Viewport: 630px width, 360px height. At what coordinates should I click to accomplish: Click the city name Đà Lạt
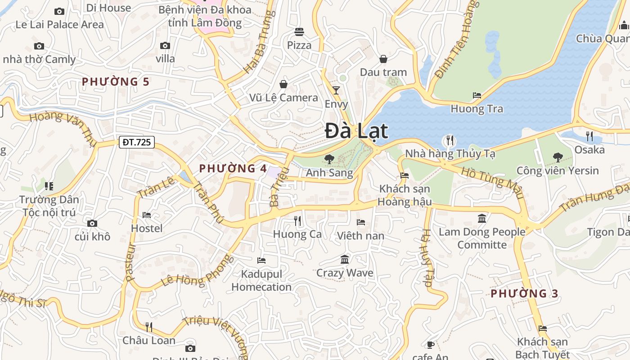point(356,131)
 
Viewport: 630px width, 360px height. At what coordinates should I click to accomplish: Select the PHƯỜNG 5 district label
point(115,82)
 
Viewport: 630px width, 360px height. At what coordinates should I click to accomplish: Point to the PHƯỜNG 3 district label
point(524,294)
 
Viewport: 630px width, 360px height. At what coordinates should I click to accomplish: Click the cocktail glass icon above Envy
point(336,90)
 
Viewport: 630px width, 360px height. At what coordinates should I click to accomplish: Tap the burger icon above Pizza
point(299,31)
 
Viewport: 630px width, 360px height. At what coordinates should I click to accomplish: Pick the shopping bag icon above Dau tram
point(383,59)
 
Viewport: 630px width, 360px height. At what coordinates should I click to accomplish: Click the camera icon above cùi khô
point(92,223)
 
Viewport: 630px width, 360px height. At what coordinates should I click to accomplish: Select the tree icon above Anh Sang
point(329,159)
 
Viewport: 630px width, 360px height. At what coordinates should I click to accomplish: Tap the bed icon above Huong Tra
point(477,95)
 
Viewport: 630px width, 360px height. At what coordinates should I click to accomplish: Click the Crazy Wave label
point(345,273)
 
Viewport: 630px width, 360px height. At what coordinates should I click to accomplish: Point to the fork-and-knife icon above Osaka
point(589,136)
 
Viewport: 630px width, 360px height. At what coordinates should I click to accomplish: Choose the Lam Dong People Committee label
point(482,238)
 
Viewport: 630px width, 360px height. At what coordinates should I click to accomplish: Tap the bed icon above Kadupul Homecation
point(261,260)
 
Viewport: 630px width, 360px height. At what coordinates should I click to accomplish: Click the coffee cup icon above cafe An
point(430,345)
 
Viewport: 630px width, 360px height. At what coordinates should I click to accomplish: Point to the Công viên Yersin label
point(558,171)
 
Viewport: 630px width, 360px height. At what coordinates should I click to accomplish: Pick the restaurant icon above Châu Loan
point(149,327)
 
